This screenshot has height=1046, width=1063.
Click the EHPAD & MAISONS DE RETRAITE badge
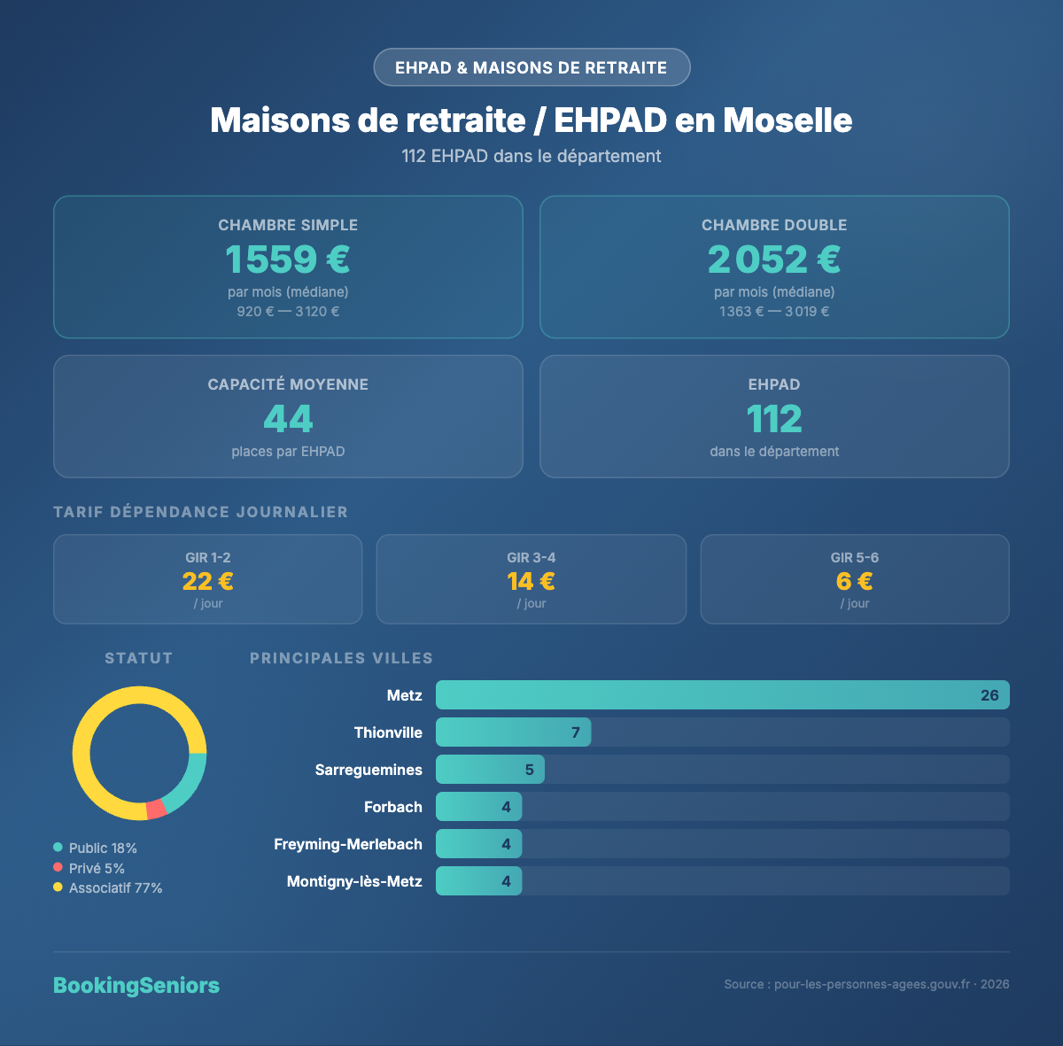(x=531, y=67)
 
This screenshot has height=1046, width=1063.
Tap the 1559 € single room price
(x=288, y=260)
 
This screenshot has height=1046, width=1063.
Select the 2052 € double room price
(x=774, y=260)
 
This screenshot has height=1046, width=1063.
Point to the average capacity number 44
(x=288, y=419)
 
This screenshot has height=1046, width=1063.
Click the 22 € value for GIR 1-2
(x=208, y=581)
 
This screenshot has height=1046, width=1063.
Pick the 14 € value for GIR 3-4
(x=531, y=581)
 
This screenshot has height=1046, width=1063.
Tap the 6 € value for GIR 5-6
(x=855, y=581)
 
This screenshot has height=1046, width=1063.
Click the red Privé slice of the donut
(x=157, y=809)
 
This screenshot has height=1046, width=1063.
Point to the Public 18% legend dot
(x=58, y=848)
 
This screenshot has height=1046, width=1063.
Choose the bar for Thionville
(x=513, y=732)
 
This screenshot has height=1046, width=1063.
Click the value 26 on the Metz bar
(x=989, y=695)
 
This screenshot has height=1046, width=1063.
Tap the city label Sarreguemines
(x=369, y=770)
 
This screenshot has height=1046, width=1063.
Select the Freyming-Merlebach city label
(x=348, y=844)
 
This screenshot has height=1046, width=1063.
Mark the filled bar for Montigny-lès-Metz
(x=478, y=881)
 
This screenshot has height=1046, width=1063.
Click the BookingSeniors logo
(x=136, y=986)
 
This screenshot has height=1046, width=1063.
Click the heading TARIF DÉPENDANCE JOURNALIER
(x=201, y=512)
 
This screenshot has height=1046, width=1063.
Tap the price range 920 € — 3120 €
(x=288, y=312)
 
